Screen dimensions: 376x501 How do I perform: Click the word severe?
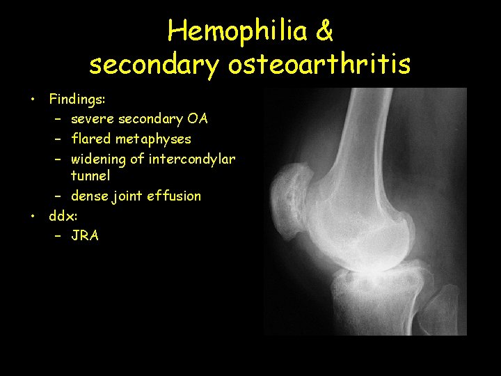(x=93, y=119)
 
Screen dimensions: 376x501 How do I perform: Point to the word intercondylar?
(x=193, y=159)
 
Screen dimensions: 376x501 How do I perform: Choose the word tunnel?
(x=90, y=176)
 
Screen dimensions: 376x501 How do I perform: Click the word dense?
(x=89, y=196)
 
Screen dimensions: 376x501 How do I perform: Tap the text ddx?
(x=63, y=216)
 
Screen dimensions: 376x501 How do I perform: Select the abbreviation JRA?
(x=86, y=236)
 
